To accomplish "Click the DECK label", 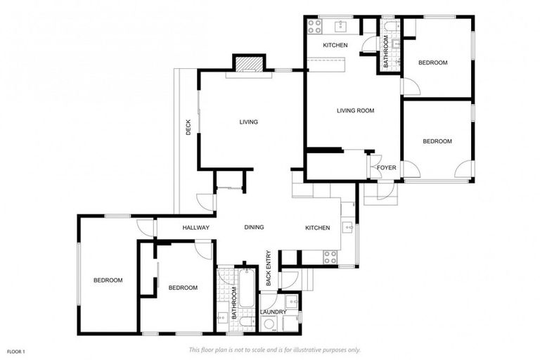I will (188, 127).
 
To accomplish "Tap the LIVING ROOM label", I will (355, 110).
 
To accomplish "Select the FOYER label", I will (387, 167).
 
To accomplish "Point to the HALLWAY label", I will (196, 228).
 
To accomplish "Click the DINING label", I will (254, 228).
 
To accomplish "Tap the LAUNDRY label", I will (273, 311).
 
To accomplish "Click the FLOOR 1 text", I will (16, 351).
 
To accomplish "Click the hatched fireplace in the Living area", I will (247, 64).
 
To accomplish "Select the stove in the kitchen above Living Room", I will (314, 26).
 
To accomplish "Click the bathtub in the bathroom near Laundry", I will (245, 288).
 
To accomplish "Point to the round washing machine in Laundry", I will (269, 324).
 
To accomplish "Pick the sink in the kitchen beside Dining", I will (347, 227).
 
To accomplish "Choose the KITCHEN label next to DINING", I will (317, 228).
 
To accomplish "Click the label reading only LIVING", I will (248, 122).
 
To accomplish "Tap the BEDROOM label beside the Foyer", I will (437, 141).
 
